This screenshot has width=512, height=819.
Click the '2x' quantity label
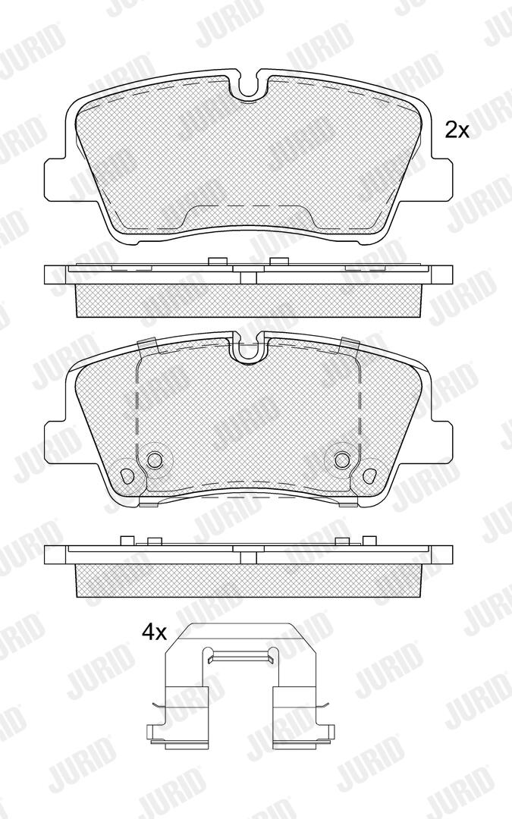[457, 130]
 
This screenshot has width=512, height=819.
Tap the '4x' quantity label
[154, 633]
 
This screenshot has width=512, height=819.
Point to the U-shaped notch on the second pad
[250, 351]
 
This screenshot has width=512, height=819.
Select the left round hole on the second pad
[154, 460]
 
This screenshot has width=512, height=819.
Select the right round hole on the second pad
[342, 460]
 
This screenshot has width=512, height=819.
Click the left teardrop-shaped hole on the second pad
[128, 475]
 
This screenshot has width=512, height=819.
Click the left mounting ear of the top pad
[55, 179]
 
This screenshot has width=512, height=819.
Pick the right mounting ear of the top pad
[442, 179]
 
